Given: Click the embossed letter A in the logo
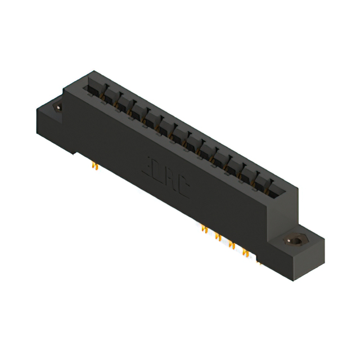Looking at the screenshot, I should click(x=173, y=183).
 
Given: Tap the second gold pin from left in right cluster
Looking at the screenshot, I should click(x=218, y=237).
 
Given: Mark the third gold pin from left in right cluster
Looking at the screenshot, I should click(x=231, y=244).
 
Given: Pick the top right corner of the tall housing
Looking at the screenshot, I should click(x=296, y=188).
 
